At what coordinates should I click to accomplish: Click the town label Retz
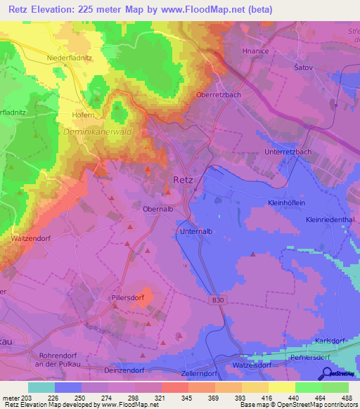pyautogui.click(x=183, y=180)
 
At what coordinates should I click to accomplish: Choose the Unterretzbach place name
pyautogui.click(x=288, y=152)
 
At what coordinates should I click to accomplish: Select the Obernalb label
pyautogui.click(x=160, y=209)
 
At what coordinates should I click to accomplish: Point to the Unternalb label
pyautogui.click(x=197, y=231)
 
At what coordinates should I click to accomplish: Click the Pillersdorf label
pyautogui.click(x=129, y=298)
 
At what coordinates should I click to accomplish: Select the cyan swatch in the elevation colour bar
pyautogui.click(x=41, y=387)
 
